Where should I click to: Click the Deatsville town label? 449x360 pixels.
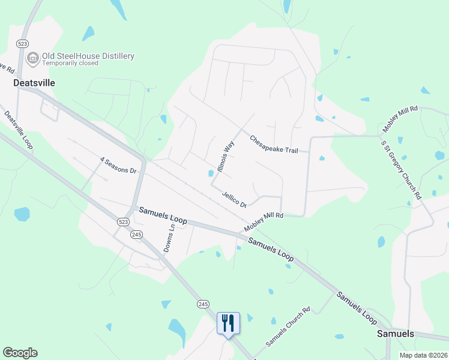point(34,83)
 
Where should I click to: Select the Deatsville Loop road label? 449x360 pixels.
point(17,130)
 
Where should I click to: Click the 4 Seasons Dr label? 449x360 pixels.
point(118,165)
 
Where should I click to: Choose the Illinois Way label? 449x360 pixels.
point(224,156)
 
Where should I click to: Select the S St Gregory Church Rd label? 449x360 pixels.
point(401,168)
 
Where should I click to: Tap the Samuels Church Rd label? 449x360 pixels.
point(288,327)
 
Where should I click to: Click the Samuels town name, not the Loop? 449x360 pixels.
point(395,334)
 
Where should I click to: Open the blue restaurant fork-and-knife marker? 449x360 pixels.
point(228,324)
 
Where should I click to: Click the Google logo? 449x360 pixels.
point(20,353)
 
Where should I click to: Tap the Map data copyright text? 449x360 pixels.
point(423,355)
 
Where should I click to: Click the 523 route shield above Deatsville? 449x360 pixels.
point(23,44)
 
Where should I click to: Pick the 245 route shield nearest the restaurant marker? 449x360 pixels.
point(202,304)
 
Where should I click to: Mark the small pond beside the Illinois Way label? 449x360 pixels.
point(210,174)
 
